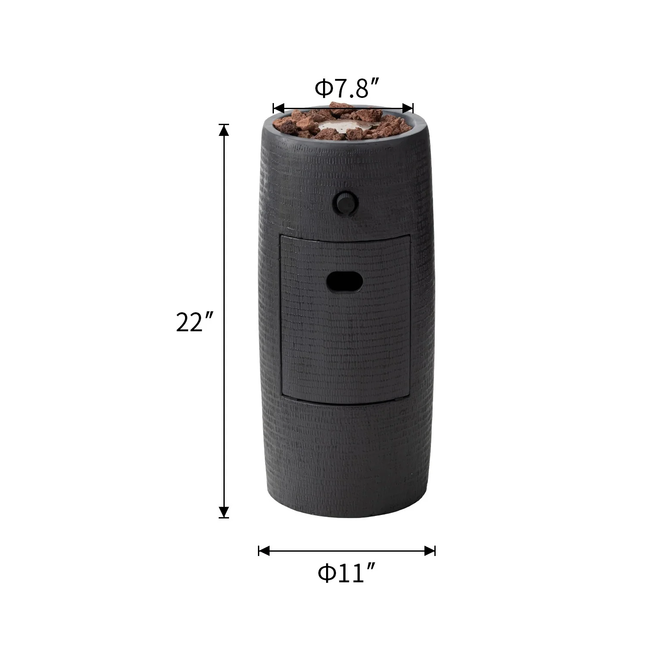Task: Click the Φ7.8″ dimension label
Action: click(x=347, y=88)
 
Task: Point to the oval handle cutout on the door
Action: click(x=345, y=282)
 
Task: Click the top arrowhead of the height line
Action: click(x=224, y=130)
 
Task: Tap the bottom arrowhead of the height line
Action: click(x=224, y=512)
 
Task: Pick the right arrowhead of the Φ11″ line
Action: click(x=430, y=551)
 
